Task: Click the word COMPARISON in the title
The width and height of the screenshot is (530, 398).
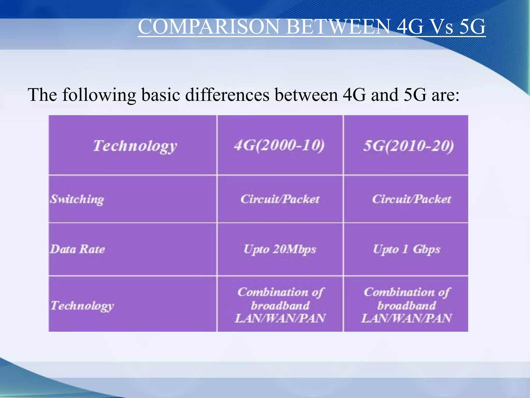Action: coord(209,27)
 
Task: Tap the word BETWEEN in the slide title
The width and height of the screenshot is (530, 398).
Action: coord(338,27)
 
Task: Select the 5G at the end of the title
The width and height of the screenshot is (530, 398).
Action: coord(472,27)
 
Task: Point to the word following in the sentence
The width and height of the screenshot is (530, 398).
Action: coord(99,95)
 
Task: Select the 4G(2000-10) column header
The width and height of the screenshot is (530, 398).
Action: coord(279,145)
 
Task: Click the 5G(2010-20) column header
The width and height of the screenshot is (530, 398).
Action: coord(408,146)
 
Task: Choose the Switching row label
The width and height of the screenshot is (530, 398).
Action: coord(77,199)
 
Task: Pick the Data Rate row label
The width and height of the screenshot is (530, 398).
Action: coord(77,249)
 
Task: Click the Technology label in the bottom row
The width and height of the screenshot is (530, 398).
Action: coord(82,306)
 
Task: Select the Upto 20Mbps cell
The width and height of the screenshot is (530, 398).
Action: coord(280,249)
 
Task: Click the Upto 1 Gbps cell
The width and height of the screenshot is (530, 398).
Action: coord(406,249)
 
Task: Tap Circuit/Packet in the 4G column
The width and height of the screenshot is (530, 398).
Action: coord(280,199)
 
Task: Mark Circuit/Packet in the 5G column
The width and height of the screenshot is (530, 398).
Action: coord(411,199)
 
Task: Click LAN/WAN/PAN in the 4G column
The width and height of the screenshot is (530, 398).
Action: coord(280,318)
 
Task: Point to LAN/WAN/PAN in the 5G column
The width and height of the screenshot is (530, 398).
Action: coord(406,318)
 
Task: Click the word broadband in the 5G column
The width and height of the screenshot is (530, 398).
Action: coord(406,305)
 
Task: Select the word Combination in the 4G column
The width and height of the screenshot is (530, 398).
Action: coord(273,292)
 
